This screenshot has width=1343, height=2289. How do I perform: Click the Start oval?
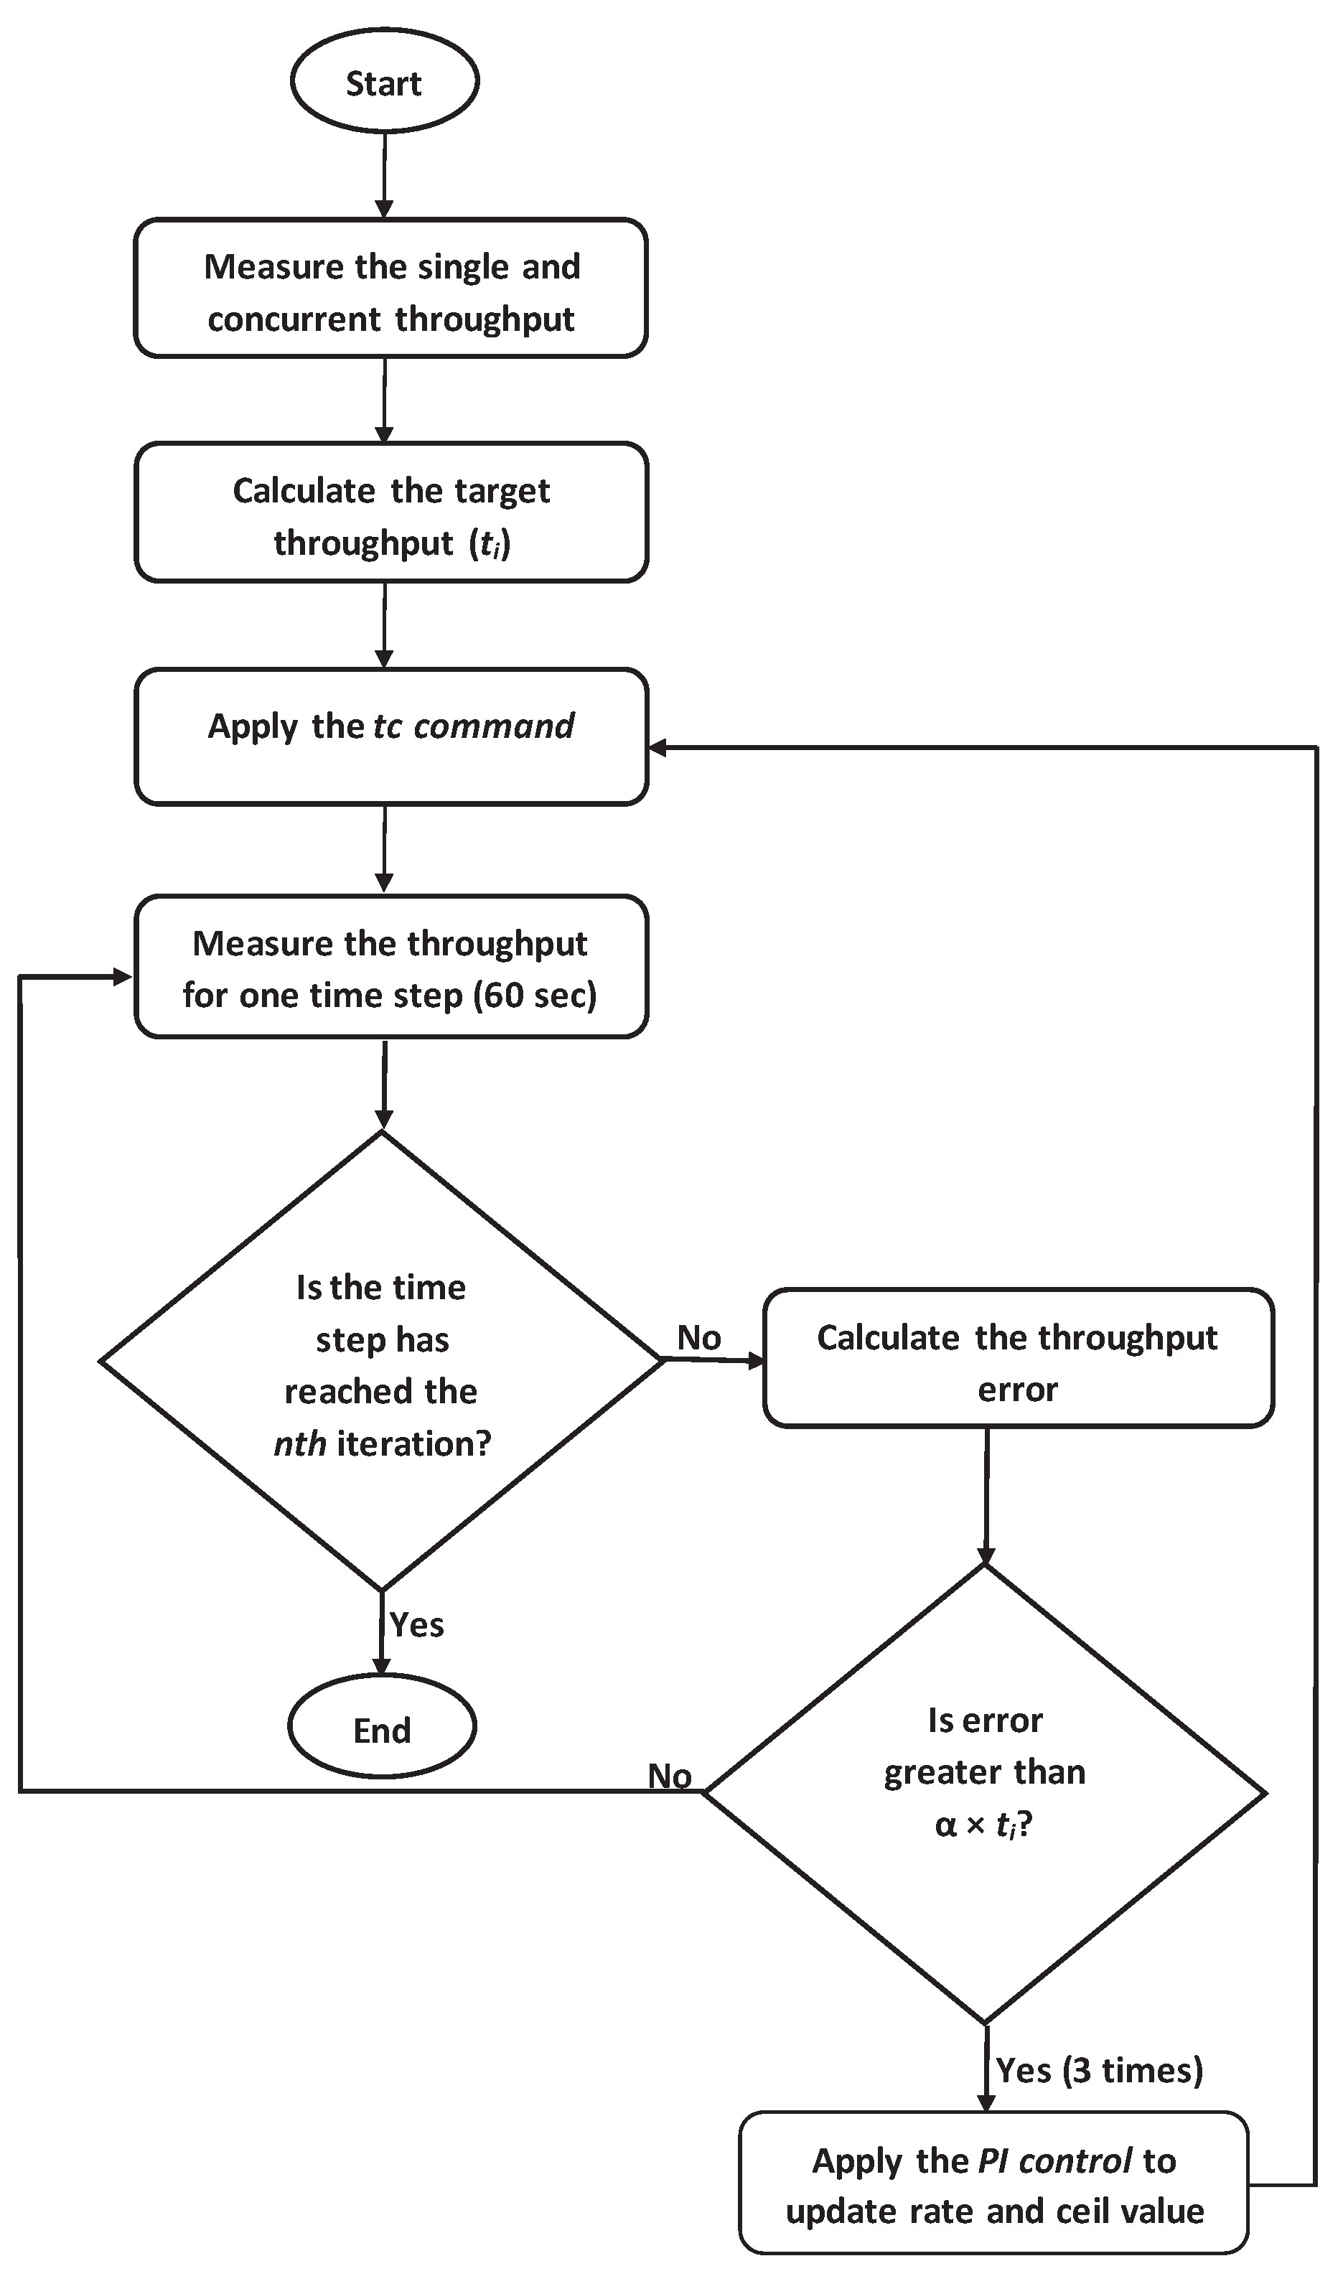point(384,82)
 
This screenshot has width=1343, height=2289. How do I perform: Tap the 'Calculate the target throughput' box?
point(390,514)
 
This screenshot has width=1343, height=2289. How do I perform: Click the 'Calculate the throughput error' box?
point(1018,1362)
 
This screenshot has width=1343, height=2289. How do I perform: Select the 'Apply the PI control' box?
point(994,2184)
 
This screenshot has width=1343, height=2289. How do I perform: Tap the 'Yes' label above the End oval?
point(416,1624)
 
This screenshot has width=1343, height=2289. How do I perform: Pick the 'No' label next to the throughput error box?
point(698,1337)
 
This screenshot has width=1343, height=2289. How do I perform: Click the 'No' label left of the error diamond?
point(670,1776)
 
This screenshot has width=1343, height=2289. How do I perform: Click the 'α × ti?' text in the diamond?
point(984,1824)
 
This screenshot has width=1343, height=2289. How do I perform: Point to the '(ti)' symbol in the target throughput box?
point(491,543)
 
